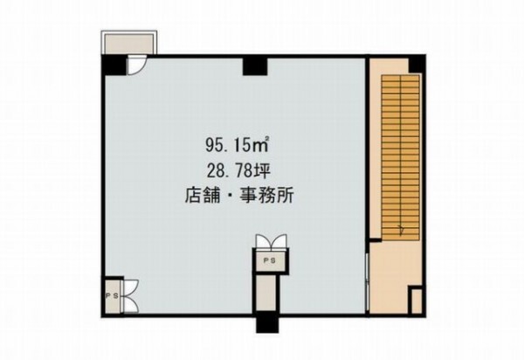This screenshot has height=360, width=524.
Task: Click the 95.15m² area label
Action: (x=238, y=145)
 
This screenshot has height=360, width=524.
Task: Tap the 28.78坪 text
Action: (x=238, y=170)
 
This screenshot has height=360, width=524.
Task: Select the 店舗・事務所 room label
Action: (x=239, y=196)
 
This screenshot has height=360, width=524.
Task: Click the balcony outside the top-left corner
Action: (x=129, y=43)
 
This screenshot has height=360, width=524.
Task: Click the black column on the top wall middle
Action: (x=255, y=66)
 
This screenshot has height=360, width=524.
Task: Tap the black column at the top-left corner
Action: (x=114, y=65)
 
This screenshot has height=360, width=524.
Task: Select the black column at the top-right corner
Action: (x=417, y=64)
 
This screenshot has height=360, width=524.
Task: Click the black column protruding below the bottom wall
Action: (x=267, y=324)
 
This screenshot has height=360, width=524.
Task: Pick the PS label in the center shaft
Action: (x=270, y=261)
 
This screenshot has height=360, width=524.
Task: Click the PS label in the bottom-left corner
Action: (x=113, y=296)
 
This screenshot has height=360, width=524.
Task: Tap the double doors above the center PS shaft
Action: (x=271, y=241)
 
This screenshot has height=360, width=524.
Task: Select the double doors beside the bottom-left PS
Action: (x=131, y=296)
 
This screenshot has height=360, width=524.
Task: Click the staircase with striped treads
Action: (x=400, y=157)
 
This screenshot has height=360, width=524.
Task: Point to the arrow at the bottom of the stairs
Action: (x=401, y=230)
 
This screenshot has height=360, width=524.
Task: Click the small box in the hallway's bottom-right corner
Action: (x=417, y=301)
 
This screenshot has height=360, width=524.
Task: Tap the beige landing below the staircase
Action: (x=390, y=278)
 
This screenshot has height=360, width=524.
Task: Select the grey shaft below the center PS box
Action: (x=267, y=293)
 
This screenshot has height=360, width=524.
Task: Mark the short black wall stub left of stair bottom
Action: (x=375, y=240)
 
